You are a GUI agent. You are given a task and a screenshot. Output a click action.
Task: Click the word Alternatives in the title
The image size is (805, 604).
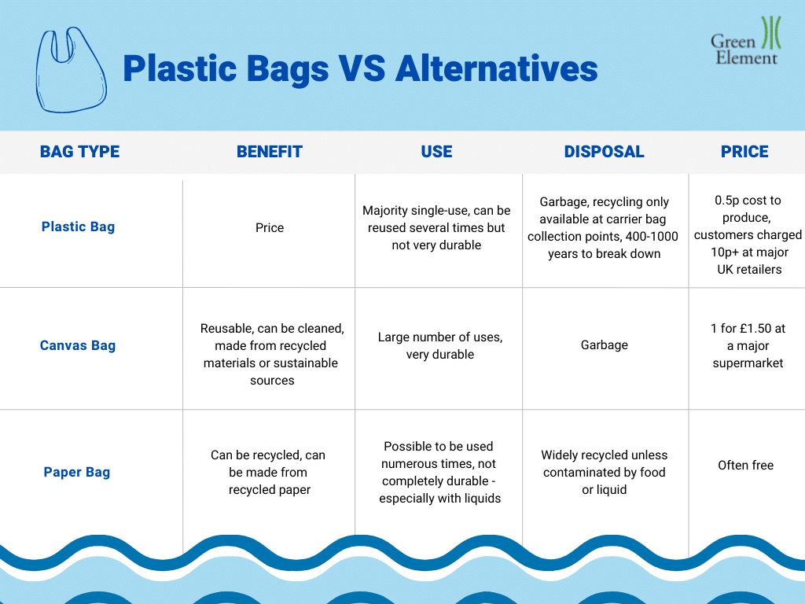[x=497, y=69]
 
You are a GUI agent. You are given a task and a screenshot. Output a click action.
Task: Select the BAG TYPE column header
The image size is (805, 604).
[x=79, y=152]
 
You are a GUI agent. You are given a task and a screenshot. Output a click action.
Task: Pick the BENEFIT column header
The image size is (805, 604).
[x=270, y=152]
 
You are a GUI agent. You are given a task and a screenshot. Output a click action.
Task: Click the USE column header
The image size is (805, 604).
[x=436, y=152]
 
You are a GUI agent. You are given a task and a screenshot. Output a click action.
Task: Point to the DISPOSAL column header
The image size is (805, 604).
[x=605, y=152]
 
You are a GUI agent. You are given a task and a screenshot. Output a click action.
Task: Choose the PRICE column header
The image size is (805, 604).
[x=744, y=152]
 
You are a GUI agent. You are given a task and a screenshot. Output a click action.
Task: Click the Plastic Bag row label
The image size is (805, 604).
[x=78, y=226]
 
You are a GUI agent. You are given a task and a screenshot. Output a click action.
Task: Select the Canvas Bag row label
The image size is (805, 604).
[x=78, y=345]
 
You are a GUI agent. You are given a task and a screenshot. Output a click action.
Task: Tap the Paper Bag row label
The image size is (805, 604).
[x=77, y=472]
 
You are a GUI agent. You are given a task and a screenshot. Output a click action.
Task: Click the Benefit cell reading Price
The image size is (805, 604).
[x=270, y=227]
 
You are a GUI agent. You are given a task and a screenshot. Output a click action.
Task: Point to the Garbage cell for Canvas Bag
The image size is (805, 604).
[x=605, y=345]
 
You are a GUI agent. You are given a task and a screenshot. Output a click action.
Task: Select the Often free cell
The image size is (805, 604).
[x=745, y=466]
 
